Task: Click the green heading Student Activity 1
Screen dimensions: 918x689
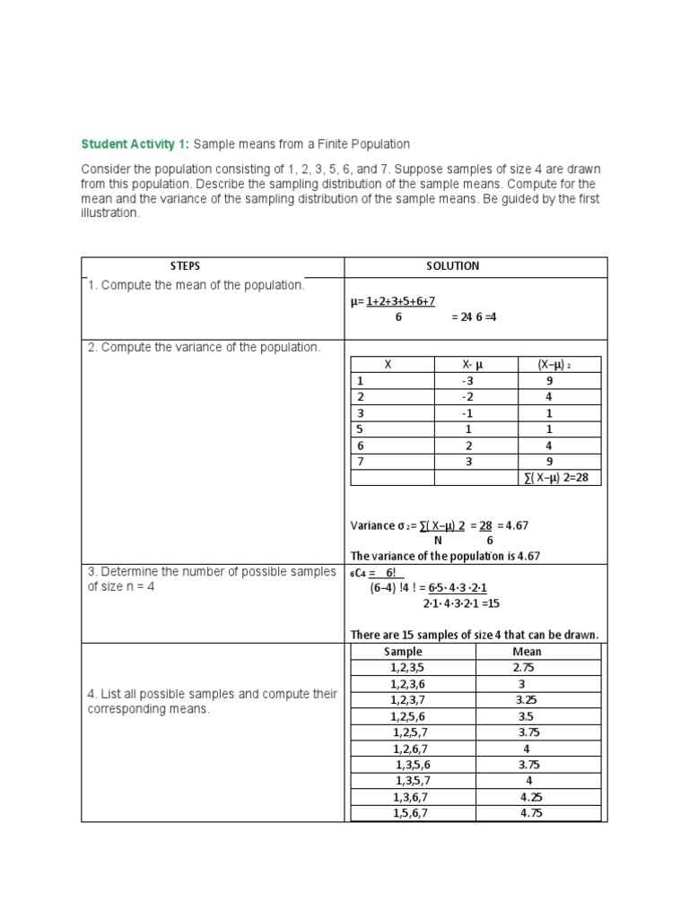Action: (135, 143)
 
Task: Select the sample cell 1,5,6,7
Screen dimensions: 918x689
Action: (411, 813)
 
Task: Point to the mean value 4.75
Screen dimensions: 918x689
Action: (530, 813)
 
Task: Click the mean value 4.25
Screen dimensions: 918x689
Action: (530, 797)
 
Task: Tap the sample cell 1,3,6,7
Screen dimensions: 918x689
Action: (411, 797)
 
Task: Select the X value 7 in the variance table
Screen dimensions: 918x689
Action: (361, 462)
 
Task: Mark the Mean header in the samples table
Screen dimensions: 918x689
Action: (527, 652)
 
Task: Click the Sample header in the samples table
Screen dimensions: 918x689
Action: (402, 652)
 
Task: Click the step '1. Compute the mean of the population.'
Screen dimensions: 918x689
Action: (196, 285)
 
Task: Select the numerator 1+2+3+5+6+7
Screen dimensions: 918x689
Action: (401, 303)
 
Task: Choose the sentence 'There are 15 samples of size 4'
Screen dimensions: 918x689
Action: (474, 636)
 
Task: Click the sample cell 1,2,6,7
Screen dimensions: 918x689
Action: (411, 749)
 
